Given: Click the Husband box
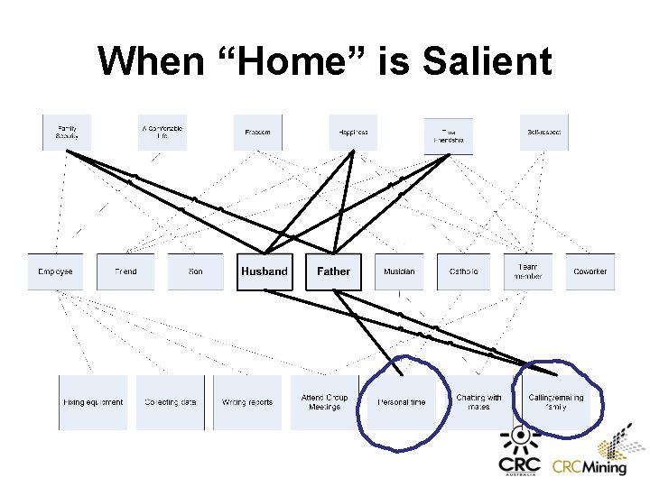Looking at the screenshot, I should [x=265, y=271].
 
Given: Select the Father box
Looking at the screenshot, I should [x=333, y=271].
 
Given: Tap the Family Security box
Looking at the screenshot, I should [x=67, y=133].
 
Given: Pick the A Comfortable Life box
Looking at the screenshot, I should [x=162, y=133].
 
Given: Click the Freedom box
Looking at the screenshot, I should [x=258, y=133].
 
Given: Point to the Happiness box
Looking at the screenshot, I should [x=353, y=133].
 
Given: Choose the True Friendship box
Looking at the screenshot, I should [x=449, y=136].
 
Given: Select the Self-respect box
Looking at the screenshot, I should [x=544, y=133].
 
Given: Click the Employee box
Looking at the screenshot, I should [x=55, y=271].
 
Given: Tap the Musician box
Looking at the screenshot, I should [x=400, y=271].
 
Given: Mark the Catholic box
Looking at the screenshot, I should [x=464, y=271].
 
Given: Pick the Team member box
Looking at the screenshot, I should [x=528, y=271].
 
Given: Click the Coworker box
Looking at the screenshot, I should [x=590, y=271].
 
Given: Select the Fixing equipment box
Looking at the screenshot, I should [x=93, y=402].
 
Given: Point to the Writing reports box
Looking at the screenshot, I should [x=247, y=402].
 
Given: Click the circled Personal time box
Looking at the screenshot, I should [x=402, y=402].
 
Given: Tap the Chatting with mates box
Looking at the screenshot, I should [x=478, y=402].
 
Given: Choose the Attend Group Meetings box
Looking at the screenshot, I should [x=325, y=402].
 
